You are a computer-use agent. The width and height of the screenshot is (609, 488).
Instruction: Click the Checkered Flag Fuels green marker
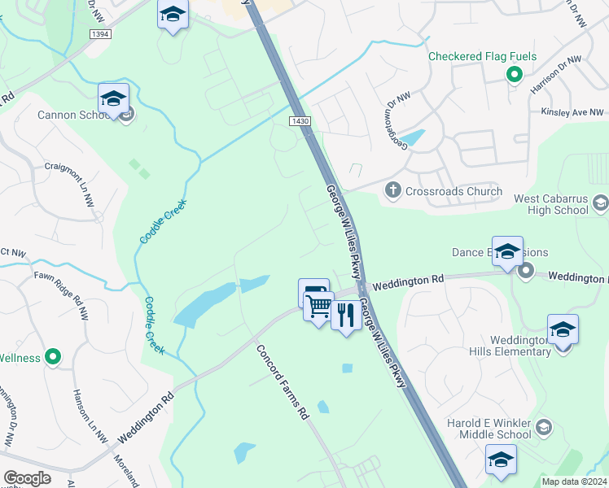[514, 76]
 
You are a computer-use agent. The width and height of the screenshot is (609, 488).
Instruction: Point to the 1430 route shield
[300, 121]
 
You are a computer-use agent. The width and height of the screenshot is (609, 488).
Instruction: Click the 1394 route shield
[100, 34]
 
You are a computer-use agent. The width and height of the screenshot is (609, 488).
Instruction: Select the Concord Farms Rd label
[283, 383]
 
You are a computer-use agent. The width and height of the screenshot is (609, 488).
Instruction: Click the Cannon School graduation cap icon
[114, 99]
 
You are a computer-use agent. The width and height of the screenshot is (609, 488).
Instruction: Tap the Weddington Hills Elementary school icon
[562, 330]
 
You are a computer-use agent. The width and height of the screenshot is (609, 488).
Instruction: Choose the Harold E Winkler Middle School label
[489, 429]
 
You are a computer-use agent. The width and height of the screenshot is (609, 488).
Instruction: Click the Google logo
[27, 477]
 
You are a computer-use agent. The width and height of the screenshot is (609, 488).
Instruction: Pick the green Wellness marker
[53, 357]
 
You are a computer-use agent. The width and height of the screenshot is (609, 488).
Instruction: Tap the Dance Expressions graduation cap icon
[506, 251]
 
